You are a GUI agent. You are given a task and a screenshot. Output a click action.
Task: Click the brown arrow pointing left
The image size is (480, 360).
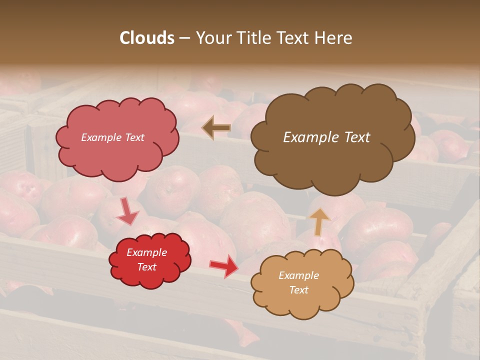(216, 128)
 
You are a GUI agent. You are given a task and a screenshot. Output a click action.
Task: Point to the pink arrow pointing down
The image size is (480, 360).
(127, 211)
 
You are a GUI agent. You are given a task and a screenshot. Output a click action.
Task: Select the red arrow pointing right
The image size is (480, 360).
(223, 265)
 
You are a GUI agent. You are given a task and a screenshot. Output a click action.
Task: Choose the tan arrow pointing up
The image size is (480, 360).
(319, 221)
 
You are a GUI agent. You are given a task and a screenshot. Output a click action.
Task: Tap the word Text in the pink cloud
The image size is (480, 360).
(134, 137)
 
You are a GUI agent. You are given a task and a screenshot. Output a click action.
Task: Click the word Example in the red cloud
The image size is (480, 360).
(147, 252)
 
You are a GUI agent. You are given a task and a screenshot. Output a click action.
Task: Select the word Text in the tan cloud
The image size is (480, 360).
(299, 290)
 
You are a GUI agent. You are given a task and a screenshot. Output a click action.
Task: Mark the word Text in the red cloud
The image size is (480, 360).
(147, 267)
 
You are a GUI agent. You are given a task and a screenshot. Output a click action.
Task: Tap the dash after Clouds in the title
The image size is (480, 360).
(184, 38)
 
